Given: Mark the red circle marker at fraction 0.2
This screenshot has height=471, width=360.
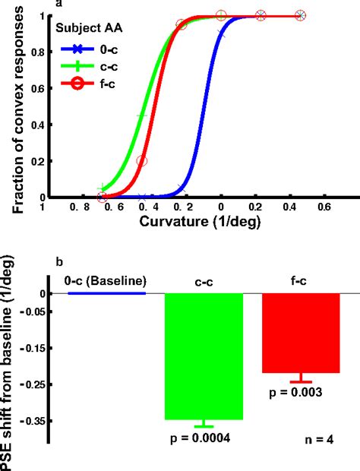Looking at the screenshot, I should pos(142,161).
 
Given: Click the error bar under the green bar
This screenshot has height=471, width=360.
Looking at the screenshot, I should pos(204,424).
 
